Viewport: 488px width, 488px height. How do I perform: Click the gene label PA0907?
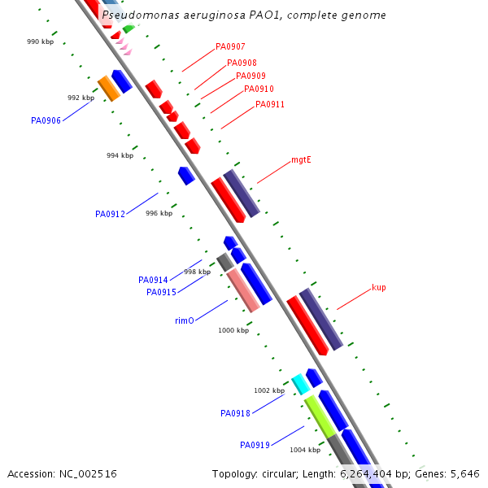click(x=230, y=47)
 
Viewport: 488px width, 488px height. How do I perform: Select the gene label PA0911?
click(x=270, y=104)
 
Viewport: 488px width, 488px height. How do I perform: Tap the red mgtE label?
click(x=301, y=160)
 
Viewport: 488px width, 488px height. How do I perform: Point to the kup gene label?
click(x=378, y=287)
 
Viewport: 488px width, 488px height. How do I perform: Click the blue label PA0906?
click(x=46, y=120)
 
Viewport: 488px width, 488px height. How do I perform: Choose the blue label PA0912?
click(x=110, y=215)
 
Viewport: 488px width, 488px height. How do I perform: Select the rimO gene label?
click(x=185, y=320)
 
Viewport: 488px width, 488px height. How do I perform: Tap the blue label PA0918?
click(x=235, y=413)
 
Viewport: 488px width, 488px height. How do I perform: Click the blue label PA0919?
click(x=255, y=445)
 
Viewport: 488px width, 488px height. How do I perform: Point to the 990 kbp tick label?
click(x=40, y=41)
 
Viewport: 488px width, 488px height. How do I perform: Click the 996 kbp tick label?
click(x=159, y=213)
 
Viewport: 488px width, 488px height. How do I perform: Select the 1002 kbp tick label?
click(x=268, y=390)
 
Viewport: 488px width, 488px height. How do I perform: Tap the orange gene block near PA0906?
click(x=109, y=89)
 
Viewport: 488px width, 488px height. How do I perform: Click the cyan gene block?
click(x=300, y=384)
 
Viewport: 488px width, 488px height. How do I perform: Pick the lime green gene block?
click(x=320, y=416)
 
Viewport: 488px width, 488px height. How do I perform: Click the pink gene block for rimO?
click(x=243, y=290)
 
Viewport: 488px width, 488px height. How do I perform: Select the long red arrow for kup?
click(x=307, y=325)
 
